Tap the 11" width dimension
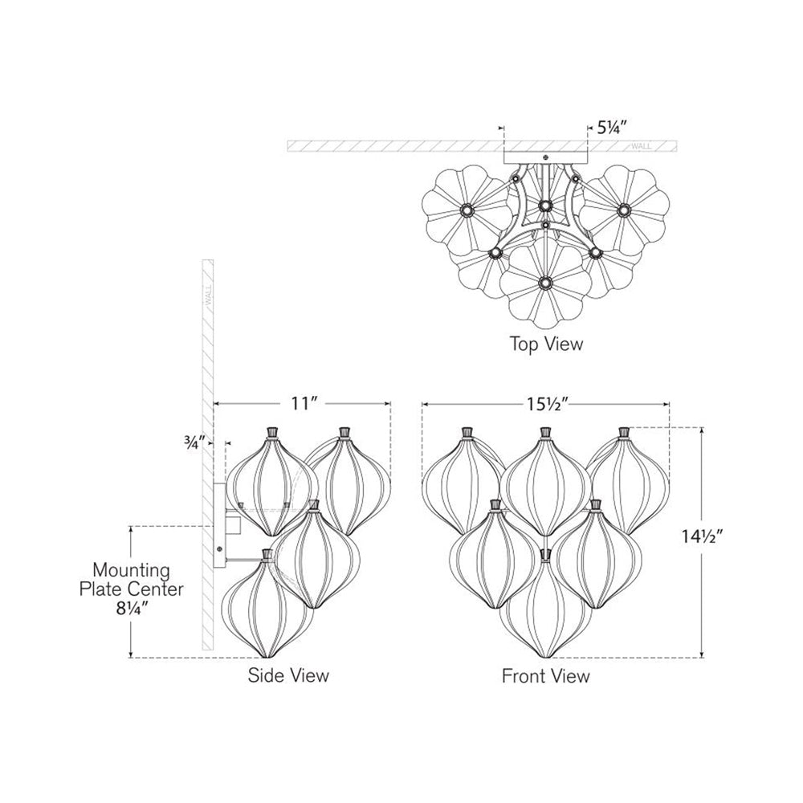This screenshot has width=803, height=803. (x=300, y=404)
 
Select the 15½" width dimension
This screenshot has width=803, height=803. (x=547, y=404)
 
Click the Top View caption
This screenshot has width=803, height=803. (x=547, y=344)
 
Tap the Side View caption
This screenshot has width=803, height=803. (x=288, y=675)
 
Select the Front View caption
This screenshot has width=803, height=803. (x=546, y=675)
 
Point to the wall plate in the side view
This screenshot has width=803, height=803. (x=219, y=526)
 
